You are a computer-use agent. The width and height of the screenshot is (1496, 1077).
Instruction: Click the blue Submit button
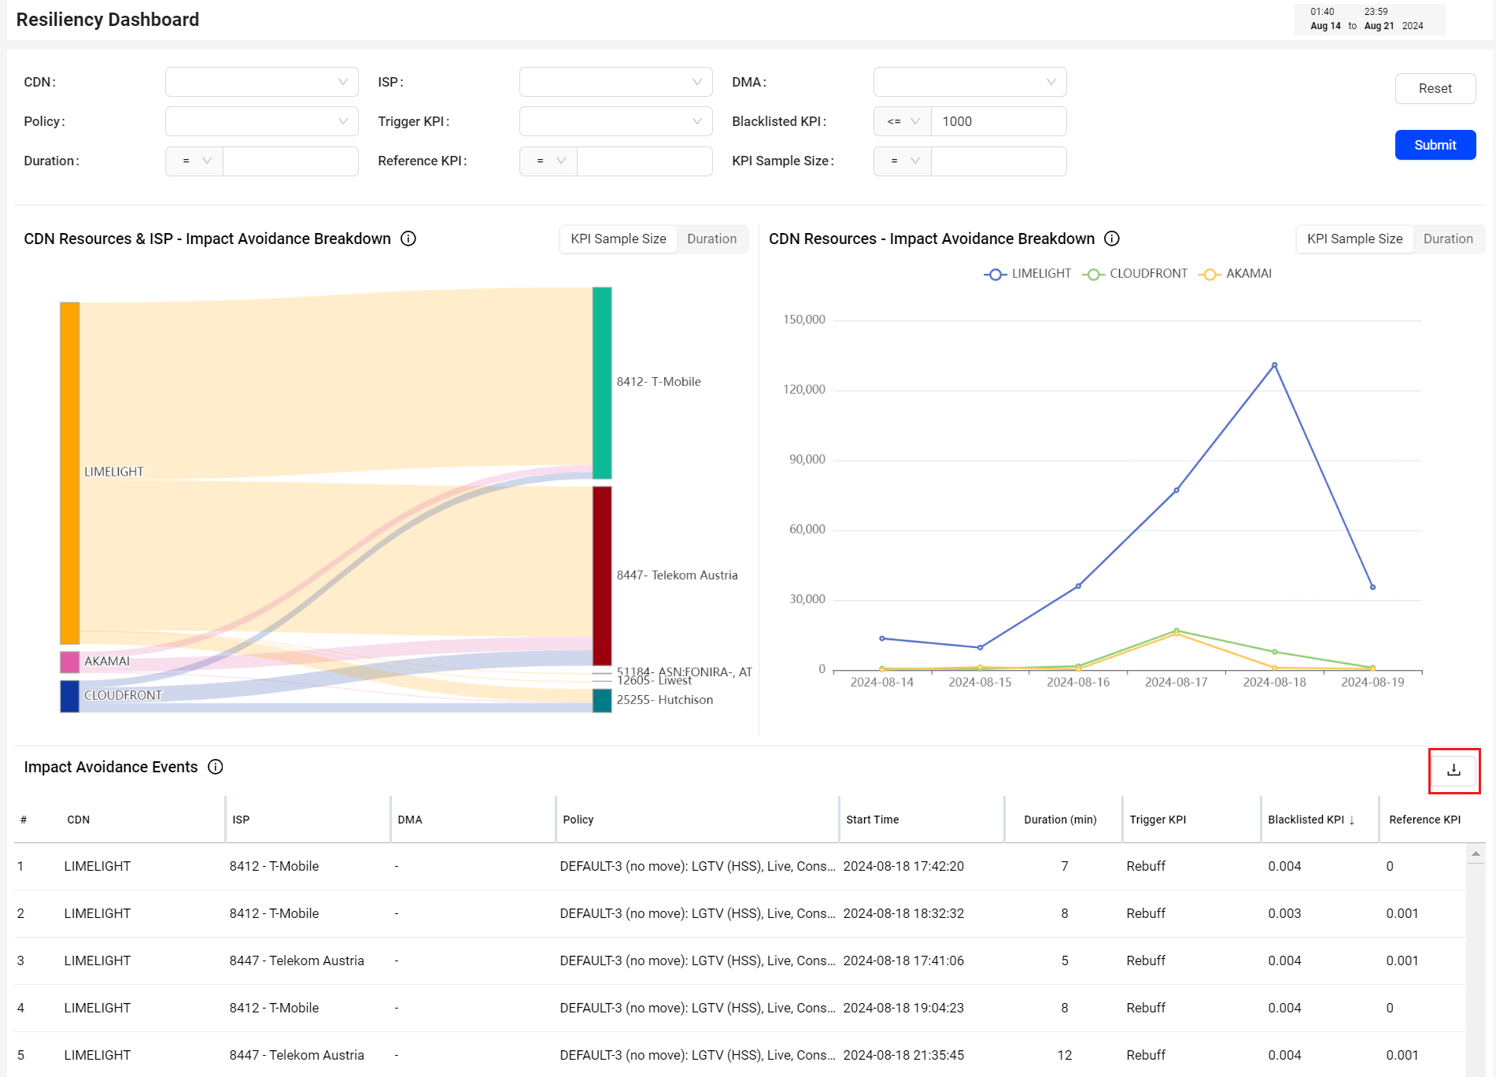coord(1435,145)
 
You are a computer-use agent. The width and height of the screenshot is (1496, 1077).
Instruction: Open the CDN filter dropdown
coord(261,82)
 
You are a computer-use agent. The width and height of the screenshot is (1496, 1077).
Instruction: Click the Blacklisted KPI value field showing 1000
coord(998,121)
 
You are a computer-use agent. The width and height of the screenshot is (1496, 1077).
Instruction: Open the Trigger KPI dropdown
coord(615,121)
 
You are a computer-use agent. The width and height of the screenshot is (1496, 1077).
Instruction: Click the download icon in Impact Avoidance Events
coord(1454,770)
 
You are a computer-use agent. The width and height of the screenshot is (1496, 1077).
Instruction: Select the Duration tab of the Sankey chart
coord(711,239)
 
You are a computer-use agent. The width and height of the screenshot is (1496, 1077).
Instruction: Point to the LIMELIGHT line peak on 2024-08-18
coord(1274,365)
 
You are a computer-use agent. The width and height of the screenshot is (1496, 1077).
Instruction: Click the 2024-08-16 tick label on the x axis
coord(1078,682)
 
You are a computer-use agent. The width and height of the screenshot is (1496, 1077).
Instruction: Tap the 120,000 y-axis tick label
coord(803,389)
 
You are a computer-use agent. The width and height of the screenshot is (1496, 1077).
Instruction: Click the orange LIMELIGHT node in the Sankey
coord(70,473)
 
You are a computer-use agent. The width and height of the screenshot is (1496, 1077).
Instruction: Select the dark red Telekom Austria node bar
coord(602,576)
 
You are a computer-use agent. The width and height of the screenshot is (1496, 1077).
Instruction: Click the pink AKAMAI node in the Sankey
coord(70,662)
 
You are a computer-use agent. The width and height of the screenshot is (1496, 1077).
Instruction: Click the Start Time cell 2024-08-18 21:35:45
coord(903,1055)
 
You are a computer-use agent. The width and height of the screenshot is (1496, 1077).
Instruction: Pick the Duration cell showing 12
coord(1065,1055)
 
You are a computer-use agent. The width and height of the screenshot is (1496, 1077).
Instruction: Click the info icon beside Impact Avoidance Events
coord(216,767)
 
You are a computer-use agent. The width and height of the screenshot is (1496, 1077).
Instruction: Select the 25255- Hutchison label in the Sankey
coord(665,700)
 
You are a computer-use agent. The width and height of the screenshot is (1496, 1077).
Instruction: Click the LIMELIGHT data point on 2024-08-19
coord(1372,587)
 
